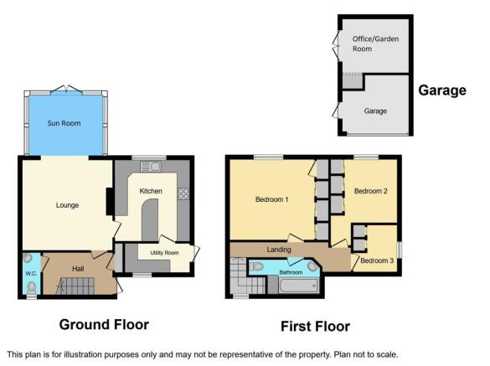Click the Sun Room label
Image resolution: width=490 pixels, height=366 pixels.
64,123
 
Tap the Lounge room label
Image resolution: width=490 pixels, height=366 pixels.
67,205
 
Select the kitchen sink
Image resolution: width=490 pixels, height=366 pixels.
151,167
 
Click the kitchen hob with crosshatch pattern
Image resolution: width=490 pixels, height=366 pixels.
183,193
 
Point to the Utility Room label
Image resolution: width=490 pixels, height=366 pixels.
165,253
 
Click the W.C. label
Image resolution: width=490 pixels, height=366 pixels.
31,274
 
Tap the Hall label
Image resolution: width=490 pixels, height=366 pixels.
78,269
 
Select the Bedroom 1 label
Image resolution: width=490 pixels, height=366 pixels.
271,199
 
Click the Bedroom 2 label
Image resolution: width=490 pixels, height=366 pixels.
370,191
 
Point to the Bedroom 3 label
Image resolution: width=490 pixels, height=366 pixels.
377,260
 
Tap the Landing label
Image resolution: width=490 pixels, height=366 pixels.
279,250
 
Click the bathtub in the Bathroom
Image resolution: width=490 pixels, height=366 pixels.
298,286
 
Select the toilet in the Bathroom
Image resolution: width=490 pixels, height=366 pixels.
257,266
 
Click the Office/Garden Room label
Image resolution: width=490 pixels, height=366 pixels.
375,44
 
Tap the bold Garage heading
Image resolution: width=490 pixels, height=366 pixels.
442,90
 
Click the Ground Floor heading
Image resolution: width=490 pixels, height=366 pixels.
104,324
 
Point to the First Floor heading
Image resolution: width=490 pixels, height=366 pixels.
315,327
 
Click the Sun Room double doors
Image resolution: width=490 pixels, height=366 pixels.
66,89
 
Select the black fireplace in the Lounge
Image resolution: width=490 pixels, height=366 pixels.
110,201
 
